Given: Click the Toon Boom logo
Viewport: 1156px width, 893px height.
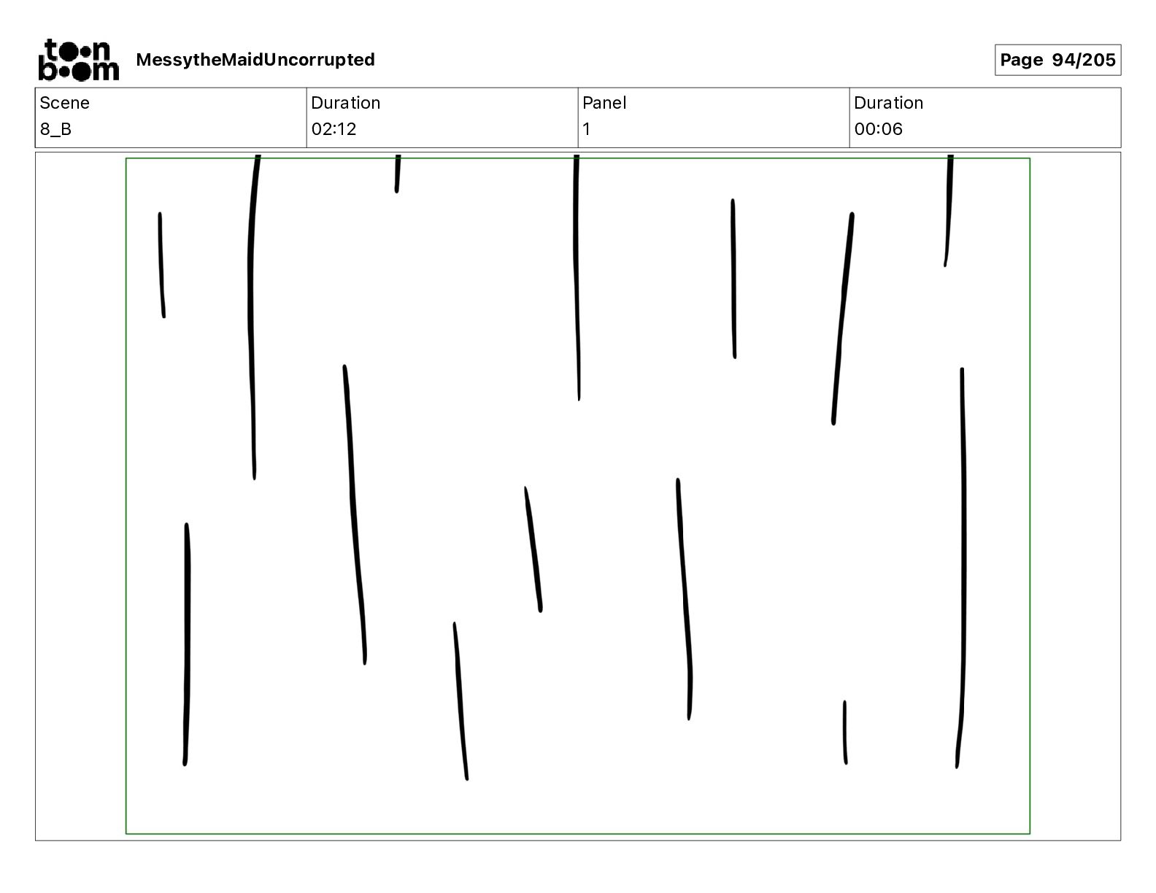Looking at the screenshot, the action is point(78,60).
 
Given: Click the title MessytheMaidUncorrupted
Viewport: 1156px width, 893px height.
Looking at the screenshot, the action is point(255,60).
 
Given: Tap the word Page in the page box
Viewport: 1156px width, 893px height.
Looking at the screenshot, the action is point(1022,60).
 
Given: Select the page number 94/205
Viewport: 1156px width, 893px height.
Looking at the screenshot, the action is point(1084,60).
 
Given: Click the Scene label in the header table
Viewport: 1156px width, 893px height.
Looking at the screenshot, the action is point(65,103).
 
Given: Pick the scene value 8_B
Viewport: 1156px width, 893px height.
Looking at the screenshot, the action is point(56,129).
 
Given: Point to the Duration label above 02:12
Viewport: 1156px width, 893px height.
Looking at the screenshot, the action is point(345,103).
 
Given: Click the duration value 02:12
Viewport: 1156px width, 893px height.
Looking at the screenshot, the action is point(334,129).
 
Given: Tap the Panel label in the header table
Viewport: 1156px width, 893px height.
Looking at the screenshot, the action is point(604,103).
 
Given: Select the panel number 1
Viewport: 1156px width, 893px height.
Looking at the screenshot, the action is point(587,129).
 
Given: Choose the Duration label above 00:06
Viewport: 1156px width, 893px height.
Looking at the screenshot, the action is point(888,103).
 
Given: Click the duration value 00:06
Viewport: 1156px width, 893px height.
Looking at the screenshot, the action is point(878,129).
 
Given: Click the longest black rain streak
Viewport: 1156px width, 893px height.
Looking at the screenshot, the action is point(963,569).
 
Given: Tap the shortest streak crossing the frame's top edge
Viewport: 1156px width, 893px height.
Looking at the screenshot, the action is point(398,175).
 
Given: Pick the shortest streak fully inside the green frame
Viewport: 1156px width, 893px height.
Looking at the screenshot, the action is point(845,732).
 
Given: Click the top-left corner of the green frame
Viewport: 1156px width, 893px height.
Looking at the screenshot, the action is point(126,158).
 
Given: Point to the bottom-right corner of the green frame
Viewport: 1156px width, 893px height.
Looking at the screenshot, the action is point(1030,833).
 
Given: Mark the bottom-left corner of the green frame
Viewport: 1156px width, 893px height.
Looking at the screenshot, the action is point(126,833).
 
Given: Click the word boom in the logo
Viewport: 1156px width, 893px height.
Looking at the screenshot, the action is point(78,71).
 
